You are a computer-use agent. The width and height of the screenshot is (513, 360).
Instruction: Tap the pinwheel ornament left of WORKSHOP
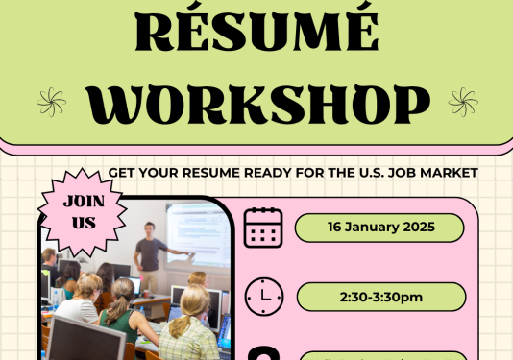point(51,101)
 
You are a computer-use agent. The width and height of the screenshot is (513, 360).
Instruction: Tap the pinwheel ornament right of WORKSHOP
point(462,101)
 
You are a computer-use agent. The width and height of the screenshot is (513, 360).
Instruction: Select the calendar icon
point(263,228)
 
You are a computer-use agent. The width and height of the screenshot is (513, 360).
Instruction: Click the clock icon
point(263,297)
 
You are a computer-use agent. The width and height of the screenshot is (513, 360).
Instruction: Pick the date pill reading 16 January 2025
point(380,228)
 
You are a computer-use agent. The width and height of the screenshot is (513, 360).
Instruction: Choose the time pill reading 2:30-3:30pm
point(380,297)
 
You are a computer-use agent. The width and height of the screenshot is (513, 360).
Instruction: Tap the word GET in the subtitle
point(121,173)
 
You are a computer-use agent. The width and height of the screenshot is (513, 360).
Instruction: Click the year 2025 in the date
point(419,228)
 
